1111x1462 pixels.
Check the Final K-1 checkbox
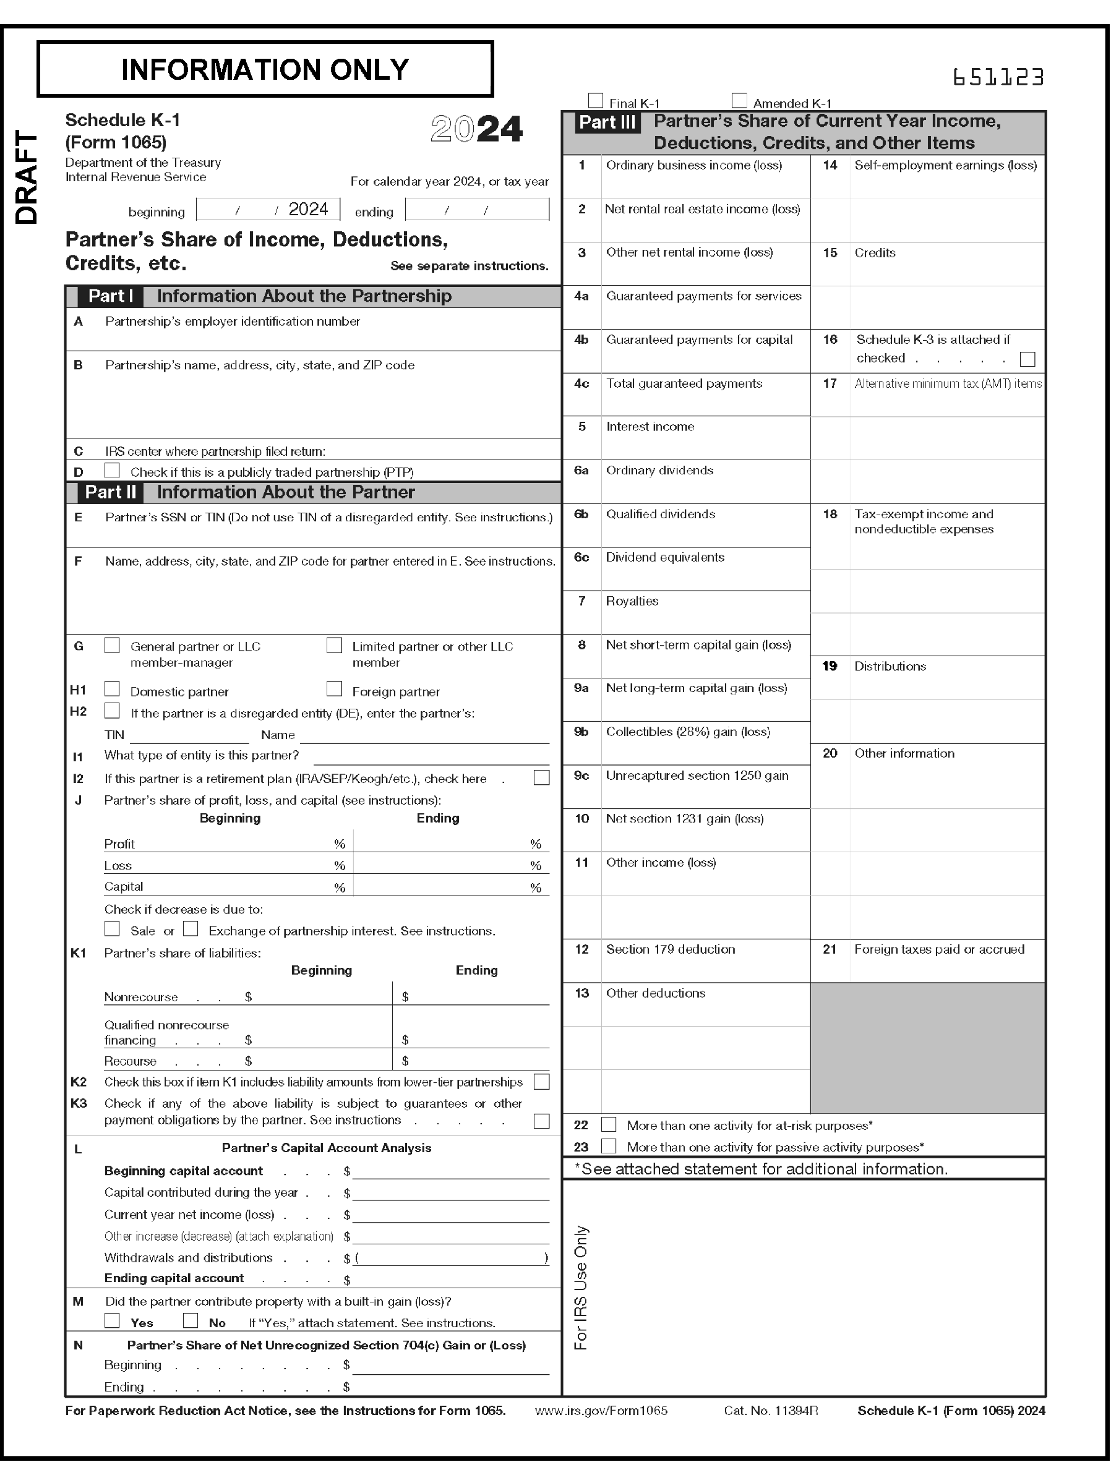click(595, 101)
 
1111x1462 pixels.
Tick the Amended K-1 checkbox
click(739, 101)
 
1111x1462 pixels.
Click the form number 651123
click(998, 78)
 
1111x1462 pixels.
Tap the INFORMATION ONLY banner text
click(265, 69)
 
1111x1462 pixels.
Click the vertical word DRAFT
click(27, 177)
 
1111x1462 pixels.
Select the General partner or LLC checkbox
click(113, 646)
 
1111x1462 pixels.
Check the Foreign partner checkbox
click(335, 689)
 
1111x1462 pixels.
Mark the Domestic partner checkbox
click(113, 689)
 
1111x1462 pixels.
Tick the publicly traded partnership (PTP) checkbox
click(113, 470)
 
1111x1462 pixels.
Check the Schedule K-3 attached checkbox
click(1027, 359)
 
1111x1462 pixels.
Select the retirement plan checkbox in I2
click(541, 777)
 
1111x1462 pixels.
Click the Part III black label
click(607, 122)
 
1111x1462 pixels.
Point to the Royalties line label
click(632, 601)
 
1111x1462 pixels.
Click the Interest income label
click(650, 427)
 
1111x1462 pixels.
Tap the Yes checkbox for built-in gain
click(113, 1320)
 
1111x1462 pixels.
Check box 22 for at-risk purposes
click(609, 1124)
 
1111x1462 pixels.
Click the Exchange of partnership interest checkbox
click(191, 929)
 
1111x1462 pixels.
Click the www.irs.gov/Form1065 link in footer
click(601, 1411)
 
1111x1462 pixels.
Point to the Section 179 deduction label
click(670, 949)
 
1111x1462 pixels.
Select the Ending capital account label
click(174, 1278)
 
